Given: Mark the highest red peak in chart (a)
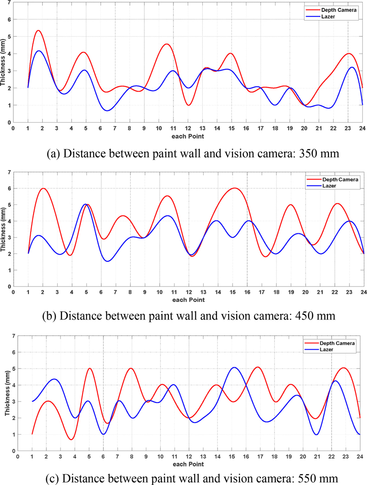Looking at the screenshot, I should [x=38, y=31].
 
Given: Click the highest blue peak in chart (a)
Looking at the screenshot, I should [x=39, y=51].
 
